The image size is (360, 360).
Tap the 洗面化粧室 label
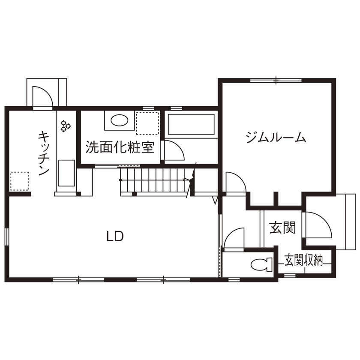click(x=120, y=147)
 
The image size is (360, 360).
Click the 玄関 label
click(x=282, y=228)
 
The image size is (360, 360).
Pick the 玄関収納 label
click(x=303, y=260)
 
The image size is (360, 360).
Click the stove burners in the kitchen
click(x=66, y=125)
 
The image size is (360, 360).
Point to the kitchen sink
click(x=66, y=173)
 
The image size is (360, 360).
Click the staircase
click(x=154, y=180)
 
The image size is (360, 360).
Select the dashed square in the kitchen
click(x=20, y=181)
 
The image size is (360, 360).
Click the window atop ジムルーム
click(x=276, y=80)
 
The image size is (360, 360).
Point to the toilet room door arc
click(x=234, y=238)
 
